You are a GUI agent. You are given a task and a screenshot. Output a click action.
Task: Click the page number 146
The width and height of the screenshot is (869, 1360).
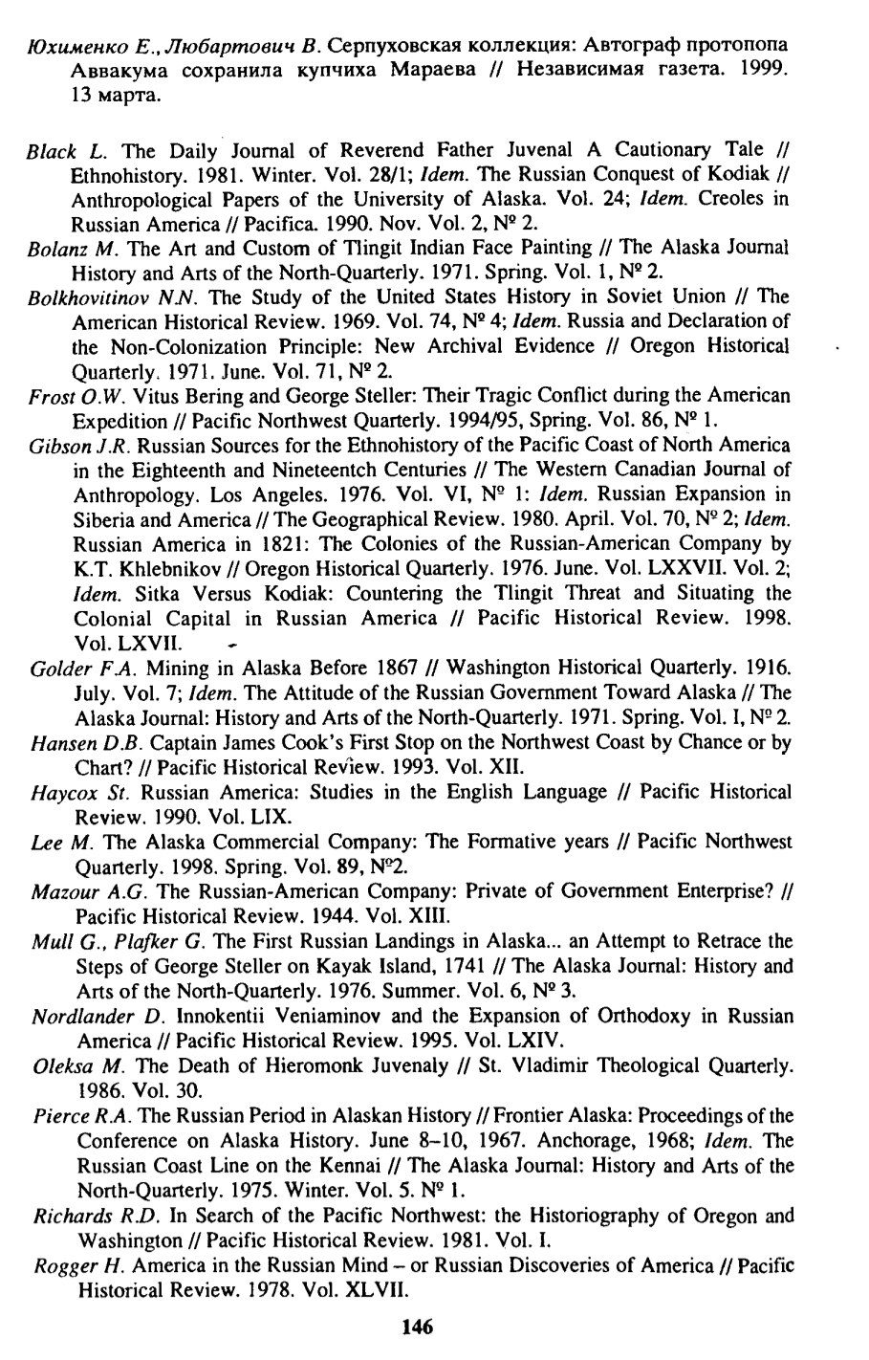[x=419, y=1327]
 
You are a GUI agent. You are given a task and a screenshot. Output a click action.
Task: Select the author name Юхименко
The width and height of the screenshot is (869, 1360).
[x=65, y=20]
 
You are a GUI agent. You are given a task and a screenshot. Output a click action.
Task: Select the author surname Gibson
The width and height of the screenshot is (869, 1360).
[x=51, y=446]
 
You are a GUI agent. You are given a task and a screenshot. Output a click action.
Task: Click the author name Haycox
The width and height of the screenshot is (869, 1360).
[x=54, y=792]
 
